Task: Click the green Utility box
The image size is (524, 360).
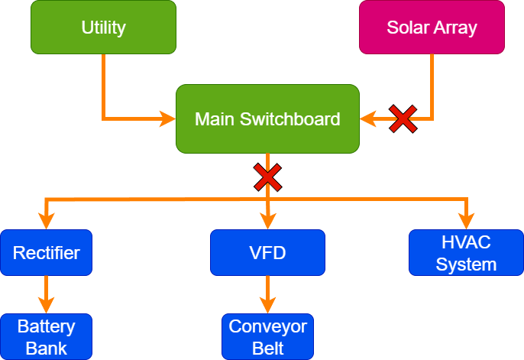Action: (103, 28)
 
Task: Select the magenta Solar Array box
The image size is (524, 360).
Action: (432, 28)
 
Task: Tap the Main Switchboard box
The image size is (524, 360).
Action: (267, 118)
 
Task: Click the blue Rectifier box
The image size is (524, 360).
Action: (47, 252)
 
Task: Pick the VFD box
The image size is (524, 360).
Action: (267, 252)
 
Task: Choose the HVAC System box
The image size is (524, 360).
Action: (466, 253)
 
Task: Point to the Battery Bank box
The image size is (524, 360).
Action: (47, 337)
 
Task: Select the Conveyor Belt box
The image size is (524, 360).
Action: (267, 337)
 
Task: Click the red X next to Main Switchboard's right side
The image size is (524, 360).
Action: (403, 118)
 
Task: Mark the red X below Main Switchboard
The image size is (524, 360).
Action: (267, 177)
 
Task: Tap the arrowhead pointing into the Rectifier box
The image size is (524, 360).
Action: (47, 222)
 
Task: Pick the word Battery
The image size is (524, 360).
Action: (47, 327)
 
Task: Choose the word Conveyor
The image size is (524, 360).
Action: (267, 327)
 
